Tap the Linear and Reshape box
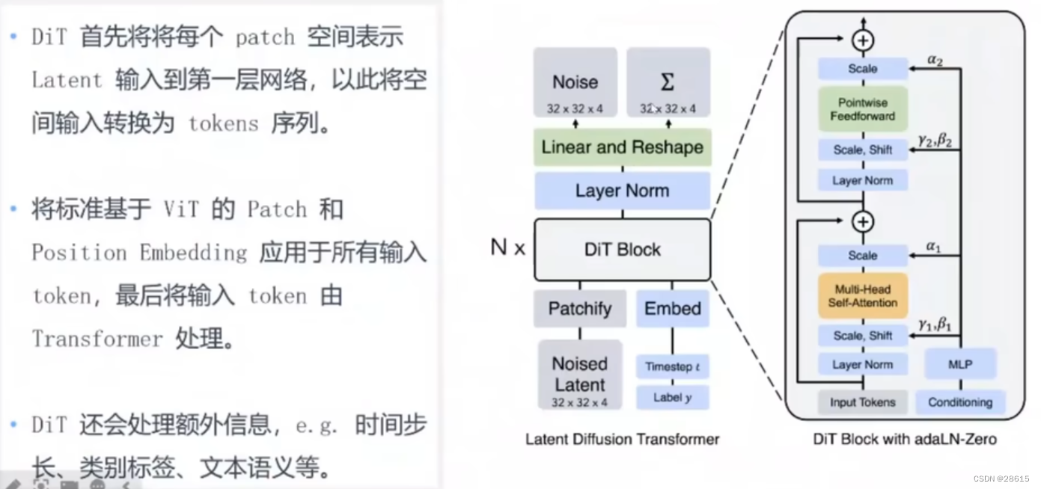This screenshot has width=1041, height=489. [622, 147]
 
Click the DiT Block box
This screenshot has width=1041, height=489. [622, 250]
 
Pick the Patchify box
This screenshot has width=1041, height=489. [579, 309]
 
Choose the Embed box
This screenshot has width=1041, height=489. [672, 309]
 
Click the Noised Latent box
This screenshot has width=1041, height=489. [579, 375]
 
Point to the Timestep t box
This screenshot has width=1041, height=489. [672, 366]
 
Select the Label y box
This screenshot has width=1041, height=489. [672, 398]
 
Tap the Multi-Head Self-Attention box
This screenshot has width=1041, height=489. [862, 296]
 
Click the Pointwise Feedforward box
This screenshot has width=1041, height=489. [862, 109]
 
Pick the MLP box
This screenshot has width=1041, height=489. [959, 365]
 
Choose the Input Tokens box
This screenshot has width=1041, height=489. [862, 402]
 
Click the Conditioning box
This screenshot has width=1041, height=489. [959, 402]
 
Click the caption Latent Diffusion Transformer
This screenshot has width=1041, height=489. [622, 439]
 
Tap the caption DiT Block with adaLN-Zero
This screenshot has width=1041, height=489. [904, 439]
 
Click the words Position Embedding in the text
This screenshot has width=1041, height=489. [139, 253]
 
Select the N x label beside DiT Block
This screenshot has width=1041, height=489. [508, 247]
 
